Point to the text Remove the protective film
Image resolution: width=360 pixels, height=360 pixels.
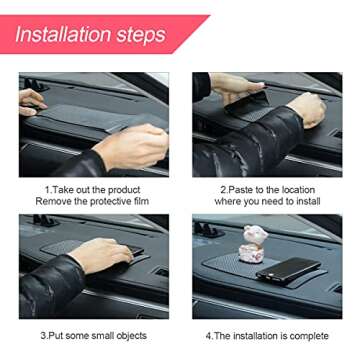(90, 202)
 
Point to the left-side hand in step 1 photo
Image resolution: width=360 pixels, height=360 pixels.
(31, 101)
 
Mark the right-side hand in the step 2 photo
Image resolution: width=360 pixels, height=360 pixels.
(304, 108)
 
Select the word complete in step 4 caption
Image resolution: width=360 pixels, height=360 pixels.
(305, 337)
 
